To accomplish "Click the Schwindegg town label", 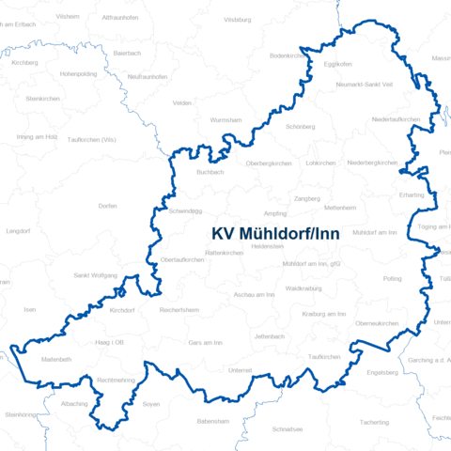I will [185, 212].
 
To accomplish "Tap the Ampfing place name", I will [276, 213].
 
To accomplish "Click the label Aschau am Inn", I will [254, 295].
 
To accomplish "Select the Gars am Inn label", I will [206, 343].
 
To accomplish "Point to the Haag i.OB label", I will [112, 342].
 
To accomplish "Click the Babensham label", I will [212, 422].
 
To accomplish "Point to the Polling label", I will [392, 279].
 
